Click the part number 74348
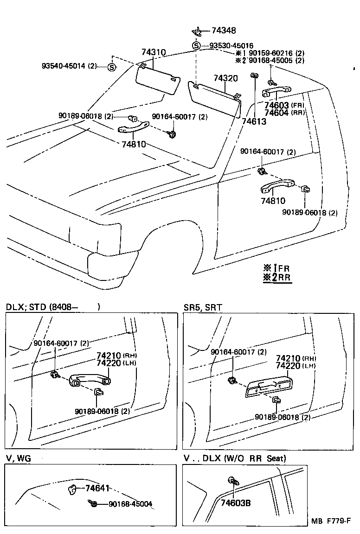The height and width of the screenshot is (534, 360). pyautogui.click(x=224, y=31)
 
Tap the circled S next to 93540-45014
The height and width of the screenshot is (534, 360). pyautogui.click(x=111, y=67)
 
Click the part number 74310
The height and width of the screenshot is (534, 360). pyautogui.click(x=154, y=53)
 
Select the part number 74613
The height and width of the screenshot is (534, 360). pyautogui.click(x=254, y=121)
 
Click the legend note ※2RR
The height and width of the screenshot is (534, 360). pyautogui.click(x=277, y=278)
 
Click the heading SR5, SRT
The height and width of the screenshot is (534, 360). pyautogui.click(x=203, y=307)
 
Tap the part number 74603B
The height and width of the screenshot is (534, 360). pyautogui.click(x=236, y=502)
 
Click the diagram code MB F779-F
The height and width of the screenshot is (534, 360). pyautogui.click(x=331, y=521)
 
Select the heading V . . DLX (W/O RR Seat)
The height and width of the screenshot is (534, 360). pyautogui.click(x=235, y=458)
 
